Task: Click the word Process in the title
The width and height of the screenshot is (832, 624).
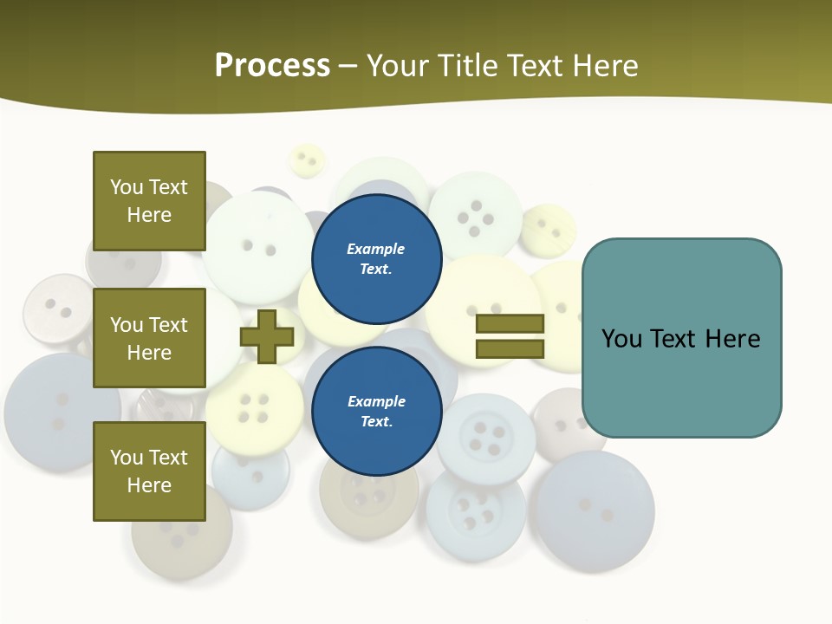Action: coord(272,66)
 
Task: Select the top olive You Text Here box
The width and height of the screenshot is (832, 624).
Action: coord(149,201)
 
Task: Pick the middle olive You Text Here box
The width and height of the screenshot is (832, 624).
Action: coord(149,338)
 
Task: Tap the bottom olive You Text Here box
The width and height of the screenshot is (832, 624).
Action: coord(149,471)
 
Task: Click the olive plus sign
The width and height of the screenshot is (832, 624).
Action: coord(267,336)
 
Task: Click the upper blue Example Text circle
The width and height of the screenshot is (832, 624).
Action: coord(376,258)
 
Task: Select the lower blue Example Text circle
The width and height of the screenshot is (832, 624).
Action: coord(376,411)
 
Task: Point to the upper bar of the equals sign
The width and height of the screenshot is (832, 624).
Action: coord(510,324)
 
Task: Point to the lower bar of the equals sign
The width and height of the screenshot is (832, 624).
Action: coord(510,349)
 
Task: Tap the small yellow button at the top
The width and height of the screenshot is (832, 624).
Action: coord(306,160)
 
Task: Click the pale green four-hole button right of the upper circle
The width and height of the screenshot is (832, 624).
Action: coord(476,217)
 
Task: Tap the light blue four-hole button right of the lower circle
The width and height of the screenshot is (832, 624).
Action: coord(486,438)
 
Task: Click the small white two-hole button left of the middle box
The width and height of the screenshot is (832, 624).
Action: coord(57,309)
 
